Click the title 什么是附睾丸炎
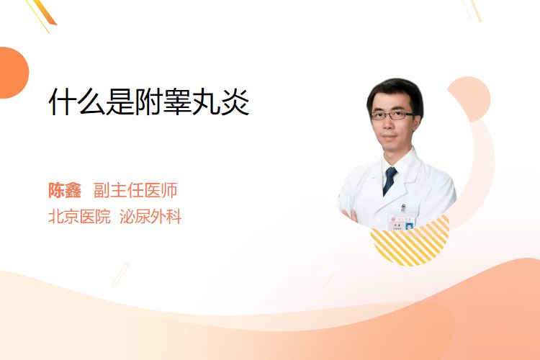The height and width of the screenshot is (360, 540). tap(149, 102)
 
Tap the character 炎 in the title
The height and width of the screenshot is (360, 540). tap(235, 102)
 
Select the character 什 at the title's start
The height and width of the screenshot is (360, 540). tap(62, 102)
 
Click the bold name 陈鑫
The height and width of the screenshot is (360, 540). tap(64, 190)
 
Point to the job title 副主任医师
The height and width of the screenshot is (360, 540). tap(135, 190)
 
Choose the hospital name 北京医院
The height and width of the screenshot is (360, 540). tap(79, 217)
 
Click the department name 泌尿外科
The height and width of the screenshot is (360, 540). tap(150, 217)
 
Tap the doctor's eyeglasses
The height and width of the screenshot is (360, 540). tap(392, 115)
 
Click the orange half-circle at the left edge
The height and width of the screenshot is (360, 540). tap(14, 73)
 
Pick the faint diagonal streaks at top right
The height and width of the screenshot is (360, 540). tap(472, 10)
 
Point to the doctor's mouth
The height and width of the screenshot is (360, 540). tap(390, 137)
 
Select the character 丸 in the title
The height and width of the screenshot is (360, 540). tap(207, 102)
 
